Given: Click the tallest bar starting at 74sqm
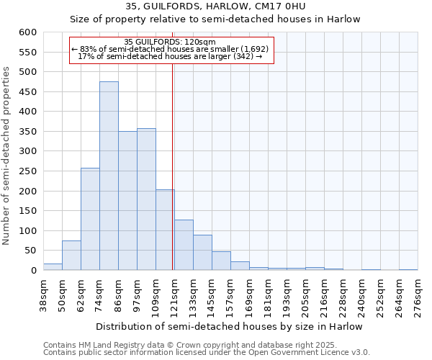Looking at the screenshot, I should coord(109,176).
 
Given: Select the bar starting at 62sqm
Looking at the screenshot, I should coord(90,219).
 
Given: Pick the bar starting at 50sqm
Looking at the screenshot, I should coord(71,256).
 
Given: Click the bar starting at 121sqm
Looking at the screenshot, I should coord(184,245).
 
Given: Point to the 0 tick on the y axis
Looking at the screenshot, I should coord(33,271).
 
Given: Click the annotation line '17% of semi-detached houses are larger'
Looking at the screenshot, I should coord(170,56).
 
